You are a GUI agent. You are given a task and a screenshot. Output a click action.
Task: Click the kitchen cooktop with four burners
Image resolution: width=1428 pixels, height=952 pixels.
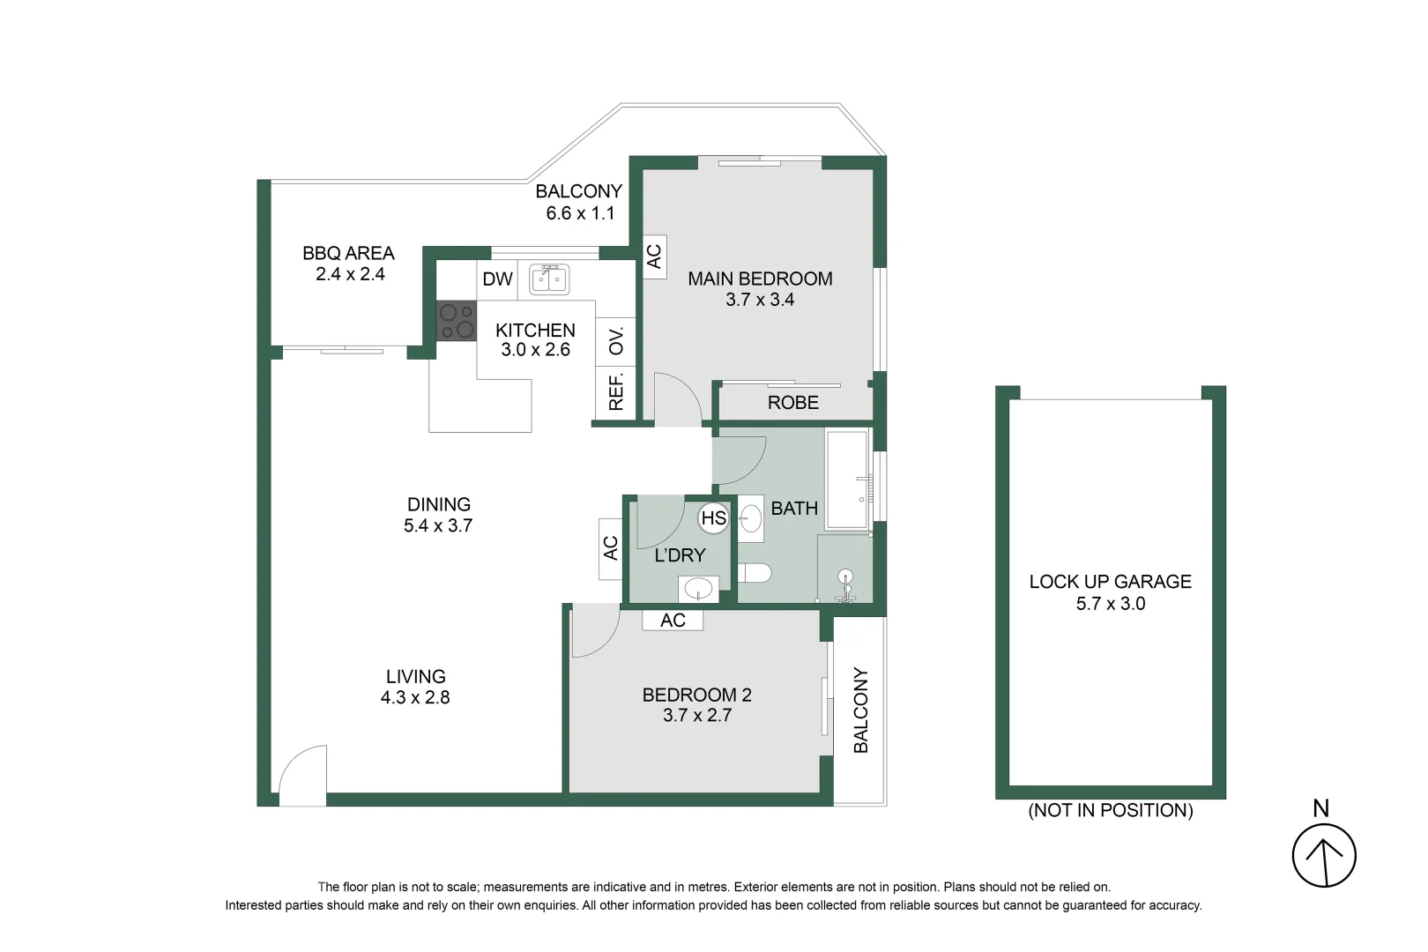click(x=456, y=321)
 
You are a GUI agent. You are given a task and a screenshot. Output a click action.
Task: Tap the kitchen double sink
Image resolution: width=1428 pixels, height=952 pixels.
click(x=548, y=279)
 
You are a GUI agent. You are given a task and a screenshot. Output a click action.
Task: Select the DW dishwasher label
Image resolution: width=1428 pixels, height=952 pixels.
click(x=497, y=279)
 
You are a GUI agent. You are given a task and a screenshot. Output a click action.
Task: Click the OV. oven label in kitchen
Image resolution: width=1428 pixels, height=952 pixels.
click(x=615, y=340)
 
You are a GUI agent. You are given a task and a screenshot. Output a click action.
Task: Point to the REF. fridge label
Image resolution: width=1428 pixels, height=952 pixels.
click(x=615, y=392)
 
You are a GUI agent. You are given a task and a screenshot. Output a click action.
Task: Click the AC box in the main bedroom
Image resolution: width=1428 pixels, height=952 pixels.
click(x=653, y=257)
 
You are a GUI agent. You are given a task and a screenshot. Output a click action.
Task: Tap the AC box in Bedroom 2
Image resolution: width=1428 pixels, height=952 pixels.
click(x=673, y=620)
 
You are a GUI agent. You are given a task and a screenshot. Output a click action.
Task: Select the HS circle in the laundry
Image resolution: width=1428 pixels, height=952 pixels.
click(x=713, y=518)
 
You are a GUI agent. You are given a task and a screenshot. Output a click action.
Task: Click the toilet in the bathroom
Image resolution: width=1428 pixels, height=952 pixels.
click(x=755, y=573)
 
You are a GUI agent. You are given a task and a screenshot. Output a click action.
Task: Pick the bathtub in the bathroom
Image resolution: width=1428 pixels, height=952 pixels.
click(x=847, y=480)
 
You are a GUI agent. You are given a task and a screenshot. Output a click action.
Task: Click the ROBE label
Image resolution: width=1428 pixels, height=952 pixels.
click(x=792, y=403)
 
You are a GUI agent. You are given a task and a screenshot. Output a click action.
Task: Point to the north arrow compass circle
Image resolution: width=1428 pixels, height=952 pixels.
click(x=1323, y=855)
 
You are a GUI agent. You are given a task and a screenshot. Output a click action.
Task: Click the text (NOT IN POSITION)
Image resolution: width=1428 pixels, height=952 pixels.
click(x=1110, y=810)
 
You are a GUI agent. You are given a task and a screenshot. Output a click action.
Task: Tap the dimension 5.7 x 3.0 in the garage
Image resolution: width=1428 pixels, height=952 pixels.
click(x=1110, y=604)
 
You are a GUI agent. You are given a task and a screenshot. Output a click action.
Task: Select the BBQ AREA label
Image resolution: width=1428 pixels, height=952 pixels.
click(x=348, y=253)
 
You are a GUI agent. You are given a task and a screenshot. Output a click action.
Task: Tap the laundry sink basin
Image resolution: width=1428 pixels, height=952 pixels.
click(x=698, y=588)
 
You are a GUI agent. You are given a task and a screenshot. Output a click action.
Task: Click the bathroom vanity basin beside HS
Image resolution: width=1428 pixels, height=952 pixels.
click(x=751, y=518)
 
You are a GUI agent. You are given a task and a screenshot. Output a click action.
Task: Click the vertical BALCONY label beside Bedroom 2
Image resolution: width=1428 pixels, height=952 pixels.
click(x=860, y=710)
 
